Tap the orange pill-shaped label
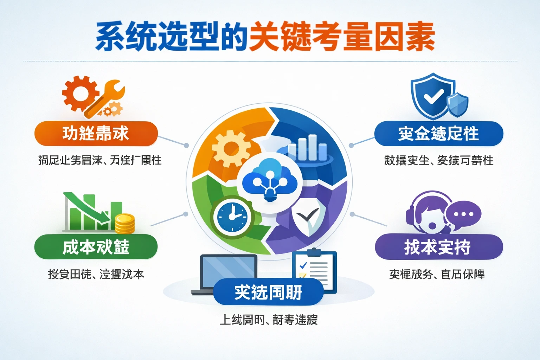point(96,134)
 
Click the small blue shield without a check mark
point(457,105)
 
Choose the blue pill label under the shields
point(438,134)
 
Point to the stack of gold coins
point(125,224)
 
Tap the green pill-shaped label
point(96,247)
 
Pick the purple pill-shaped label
point(438,247)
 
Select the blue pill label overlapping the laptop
point(268,292)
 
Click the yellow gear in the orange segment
point(230,148)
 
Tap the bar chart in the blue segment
point(307,148)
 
